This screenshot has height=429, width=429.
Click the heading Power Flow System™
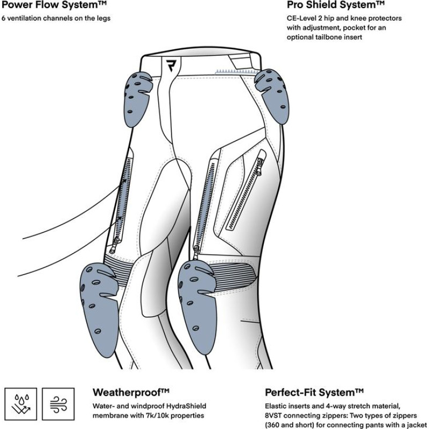click(x=51, y=6)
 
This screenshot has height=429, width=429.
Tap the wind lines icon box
click(x=56, y=405)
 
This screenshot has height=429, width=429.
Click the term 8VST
click(x=277, y=416)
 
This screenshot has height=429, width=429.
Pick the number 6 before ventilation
click(x=4, y=18)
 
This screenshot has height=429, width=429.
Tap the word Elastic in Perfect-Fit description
click(x=277, y=406)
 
